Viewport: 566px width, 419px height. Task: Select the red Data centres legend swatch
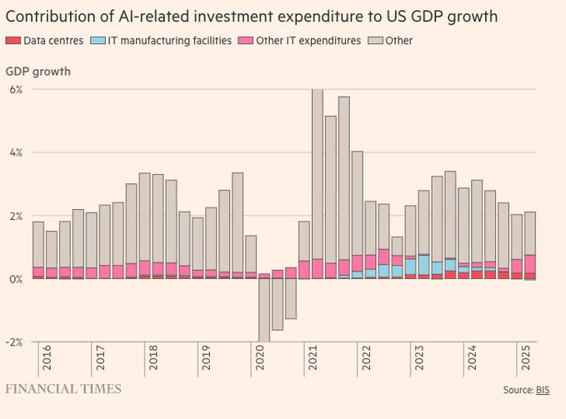tap(12, 40)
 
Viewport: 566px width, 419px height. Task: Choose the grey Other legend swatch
tap(376, 40)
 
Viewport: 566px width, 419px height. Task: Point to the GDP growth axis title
tap(38, 71)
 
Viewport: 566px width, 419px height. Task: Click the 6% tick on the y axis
tap(16, 89)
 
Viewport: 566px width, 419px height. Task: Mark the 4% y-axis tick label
tap(16, 152)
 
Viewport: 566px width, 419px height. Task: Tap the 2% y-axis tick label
tap(16, 216)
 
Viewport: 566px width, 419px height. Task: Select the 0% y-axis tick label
tap(16, 279)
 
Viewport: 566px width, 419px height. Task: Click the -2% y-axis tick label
tap(14, 342)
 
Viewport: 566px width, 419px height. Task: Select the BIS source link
tap(542, 390)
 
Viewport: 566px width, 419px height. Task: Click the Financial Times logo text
tap(63, 389)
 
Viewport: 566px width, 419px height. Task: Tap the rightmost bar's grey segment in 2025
tap(530, 233)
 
